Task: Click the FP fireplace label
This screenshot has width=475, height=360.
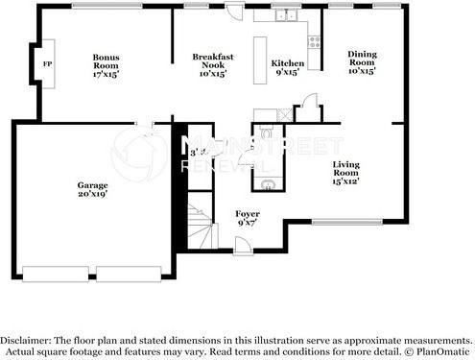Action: (46, 64)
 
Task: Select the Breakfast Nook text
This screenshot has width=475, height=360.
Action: (209, 60)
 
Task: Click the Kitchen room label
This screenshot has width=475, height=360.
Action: (287, 62)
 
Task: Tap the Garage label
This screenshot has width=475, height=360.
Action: (92, 184)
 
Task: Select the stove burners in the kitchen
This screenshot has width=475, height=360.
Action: (312, 39)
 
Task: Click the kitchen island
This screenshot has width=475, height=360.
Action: (258, 61)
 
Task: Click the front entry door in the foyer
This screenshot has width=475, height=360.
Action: (245, 248)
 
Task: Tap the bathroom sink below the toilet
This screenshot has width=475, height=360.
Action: (268, 183)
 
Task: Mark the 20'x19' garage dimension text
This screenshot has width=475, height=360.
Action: (92, 194)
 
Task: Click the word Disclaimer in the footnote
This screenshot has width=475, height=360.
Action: (30, 341)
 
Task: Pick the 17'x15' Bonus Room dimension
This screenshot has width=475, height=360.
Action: (107, 73)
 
